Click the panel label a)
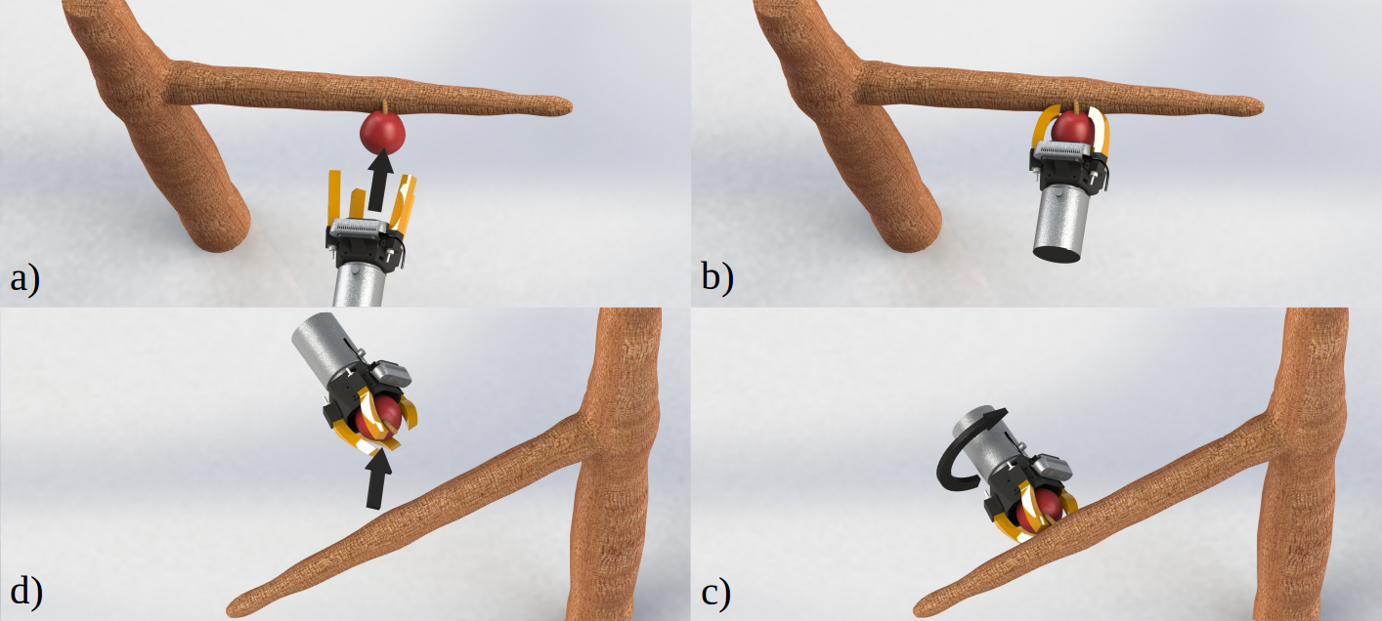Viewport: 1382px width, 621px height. (25, 278)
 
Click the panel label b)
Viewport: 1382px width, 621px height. (717, 277)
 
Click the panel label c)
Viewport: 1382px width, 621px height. (715, 594)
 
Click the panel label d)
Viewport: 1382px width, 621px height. (26, 592)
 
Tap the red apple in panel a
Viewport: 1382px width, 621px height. (382, 133)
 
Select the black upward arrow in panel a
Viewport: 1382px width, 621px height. (380, 180)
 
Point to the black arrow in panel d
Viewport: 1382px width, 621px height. (377, 478)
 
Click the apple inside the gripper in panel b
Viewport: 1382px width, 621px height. (1073, 128)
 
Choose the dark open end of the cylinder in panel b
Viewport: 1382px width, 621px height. (1057, 254)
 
